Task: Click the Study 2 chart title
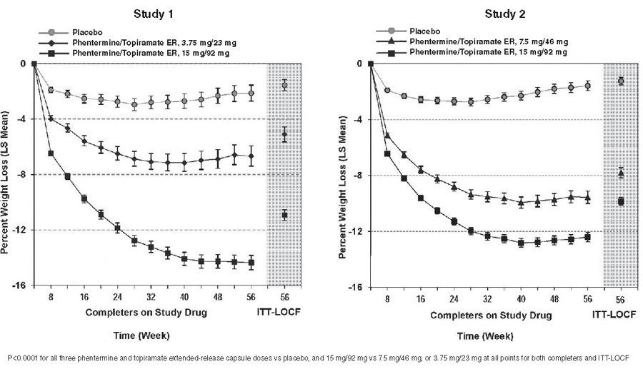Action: (x=499, y=14)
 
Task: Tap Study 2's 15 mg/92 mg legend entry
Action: (x=489, y=53)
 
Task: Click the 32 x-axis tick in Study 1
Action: (x=151, y=297)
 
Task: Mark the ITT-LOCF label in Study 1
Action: (x=284, y=313)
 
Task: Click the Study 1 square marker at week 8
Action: (x=51, y=153)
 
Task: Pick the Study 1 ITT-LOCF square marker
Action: (x=284, y=215)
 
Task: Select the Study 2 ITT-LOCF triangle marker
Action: (x=621, y=173)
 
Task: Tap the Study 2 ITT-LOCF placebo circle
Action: (x=621, y=81)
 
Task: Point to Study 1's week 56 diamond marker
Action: (x=251, y=156)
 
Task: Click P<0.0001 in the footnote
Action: (x=25, y=357)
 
